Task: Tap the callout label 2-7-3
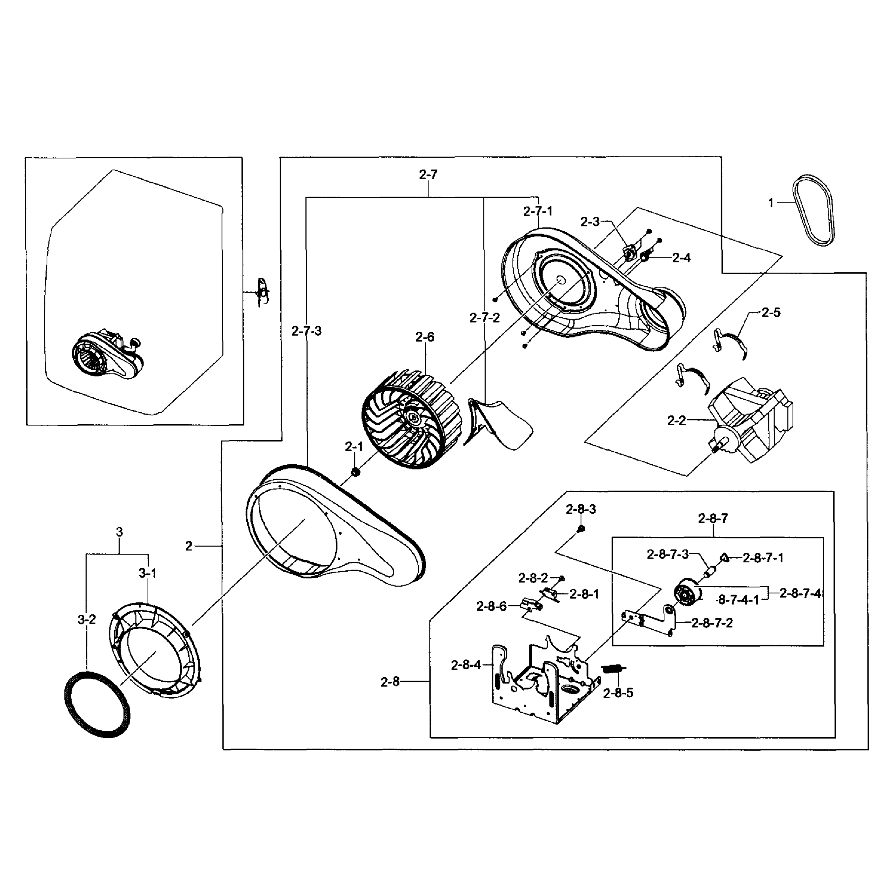(306, 331)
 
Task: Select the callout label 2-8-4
(466, 665)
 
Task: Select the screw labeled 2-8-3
(581, 529)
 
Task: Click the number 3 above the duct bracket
(119, 532)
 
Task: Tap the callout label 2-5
(771, 312)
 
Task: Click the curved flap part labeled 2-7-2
(499, 422)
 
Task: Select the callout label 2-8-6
(492, 606)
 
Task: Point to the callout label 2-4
(681, 258)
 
